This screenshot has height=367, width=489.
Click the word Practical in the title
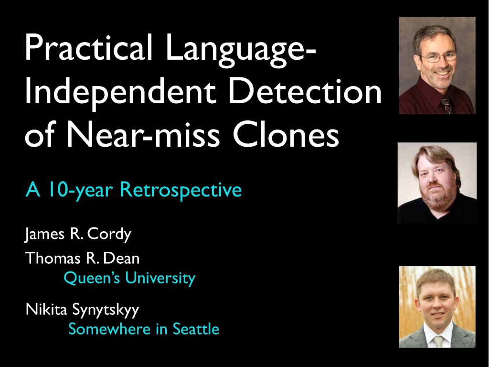tap(88, 47)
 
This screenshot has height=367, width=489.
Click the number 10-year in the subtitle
tap(80, 190)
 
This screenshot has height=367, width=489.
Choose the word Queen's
tap(92, 278)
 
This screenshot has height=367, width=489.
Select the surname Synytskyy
tap(106, 310)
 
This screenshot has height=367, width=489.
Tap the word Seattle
tap(196, 329)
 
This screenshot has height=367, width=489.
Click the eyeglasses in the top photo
tap(438, 57)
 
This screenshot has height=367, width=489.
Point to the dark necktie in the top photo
tap(446, 105)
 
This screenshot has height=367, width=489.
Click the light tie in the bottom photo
tap(438, 342)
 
